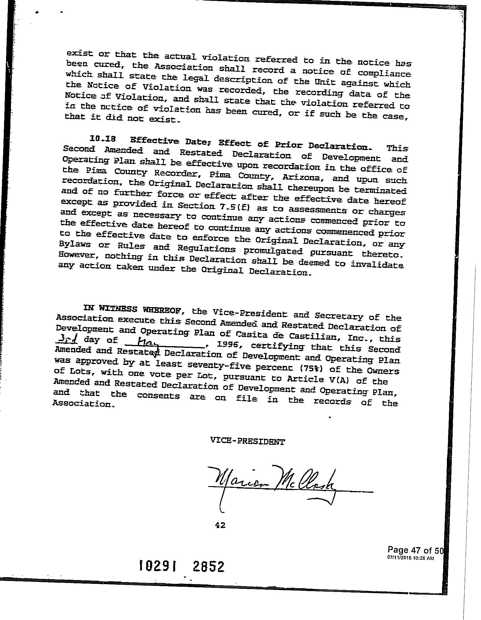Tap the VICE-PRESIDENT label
click(247, 442)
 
